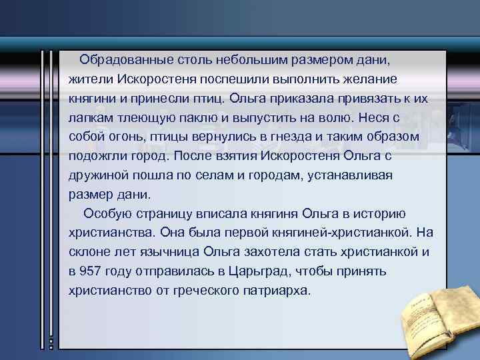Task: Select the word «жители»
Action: click(91, 79)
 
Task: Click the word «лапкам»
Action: click(90, 118)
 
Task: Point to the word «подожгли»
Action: click(96, 157)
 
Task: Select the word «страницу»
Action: click(158, 214)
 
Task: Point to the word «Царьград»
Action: click(257, 272)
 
